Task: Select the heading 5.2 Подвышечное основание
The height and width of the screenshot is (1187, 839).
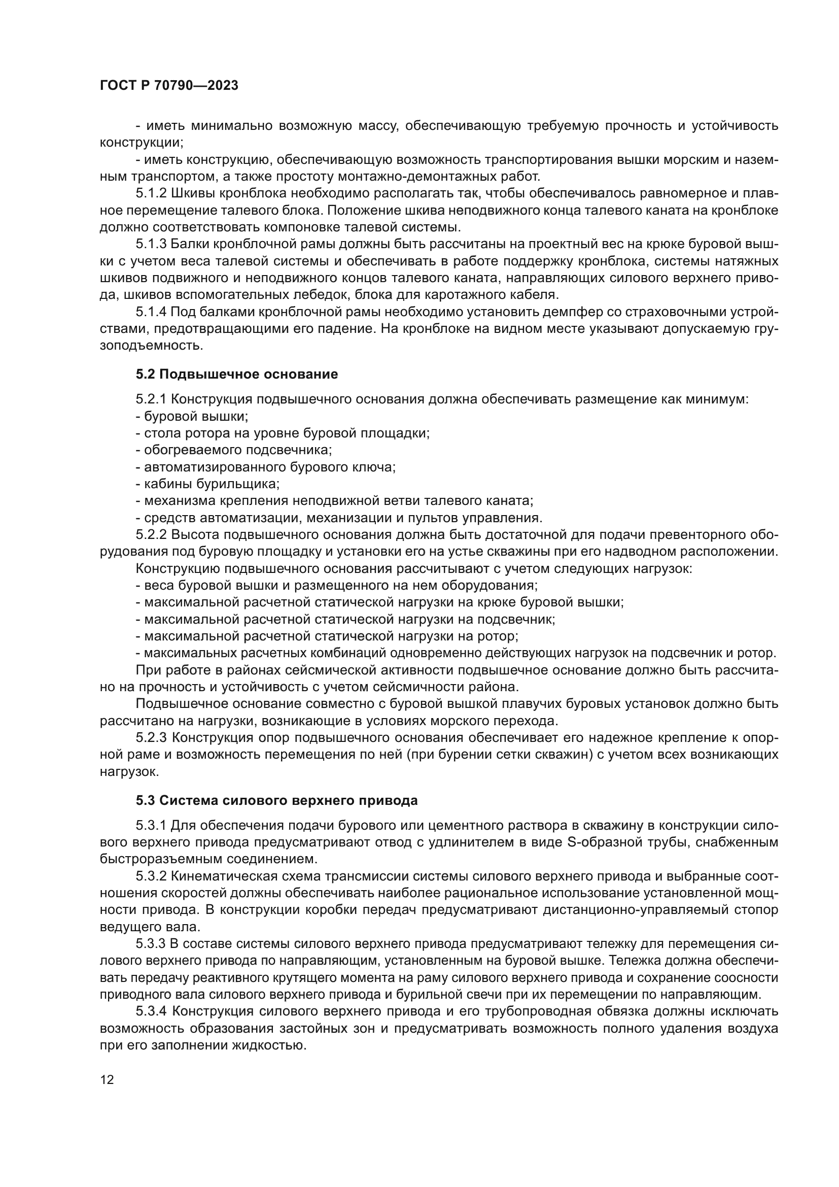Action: pos(237,375)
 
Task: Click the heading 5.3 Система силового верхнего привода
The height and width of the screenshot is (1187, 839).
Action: pos(277,801)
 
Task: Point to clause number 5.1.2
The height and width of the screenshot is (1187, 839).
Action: pos(151,193)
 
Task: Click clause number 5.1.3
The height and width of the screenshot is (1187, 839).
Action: pos(151,244)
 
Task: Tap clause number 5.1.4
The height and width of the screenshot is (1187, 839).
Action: pos(151,312)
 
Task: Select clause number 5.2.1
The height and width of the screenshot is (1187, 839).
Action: pos(151,399)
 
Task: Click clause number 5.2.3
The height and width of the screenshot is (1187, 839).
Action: pos(151,738)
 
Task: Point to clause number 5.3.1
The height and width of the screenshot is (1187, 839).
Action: pos(151,826)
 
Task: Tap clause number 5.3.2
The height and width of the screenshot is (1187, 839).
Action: pos(151,876)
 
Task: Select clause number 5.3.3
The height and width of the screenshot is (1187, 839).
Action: pos(151,944)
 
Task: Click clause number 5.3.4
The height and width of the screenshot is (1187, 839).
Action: pos(151,1012)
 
